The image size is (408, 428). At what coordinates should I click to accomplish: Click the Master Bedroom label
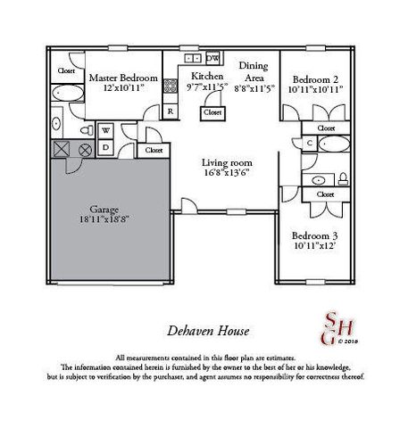coord(122,78)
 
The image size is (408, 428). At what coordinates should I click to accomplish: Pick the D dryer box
coord(104,147)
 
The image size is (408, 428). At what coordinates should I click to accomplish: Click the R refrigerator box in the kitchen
coord(171,111)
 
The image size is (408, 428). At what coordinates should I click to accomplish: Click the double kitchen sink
coord(191,59)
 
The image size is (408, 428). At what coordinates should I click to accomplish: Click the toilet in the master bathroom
coord(55,126)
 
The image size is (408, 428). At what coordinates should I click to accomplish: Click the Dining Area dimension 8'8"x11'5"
coord(254,89)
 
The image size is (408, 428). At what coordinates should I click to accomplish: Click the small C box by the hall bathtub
coord(308,143)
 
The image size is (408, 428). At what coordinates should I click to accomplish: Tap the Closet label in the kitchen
coord(212,113)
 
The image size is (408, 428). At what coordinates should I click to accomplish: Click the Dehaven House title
coord(203,329)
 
